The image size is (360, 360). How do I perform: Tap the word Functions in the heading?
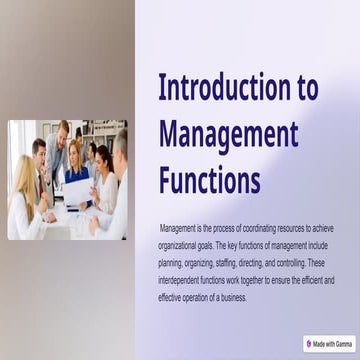pyautogui.click(x=209, y=180)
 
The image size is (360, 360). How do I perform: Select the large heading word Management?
pyautogui.click(x=228, y=134)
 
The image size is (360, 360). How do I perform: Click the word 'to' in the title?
pyautogui.click(x=308, y=88)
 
